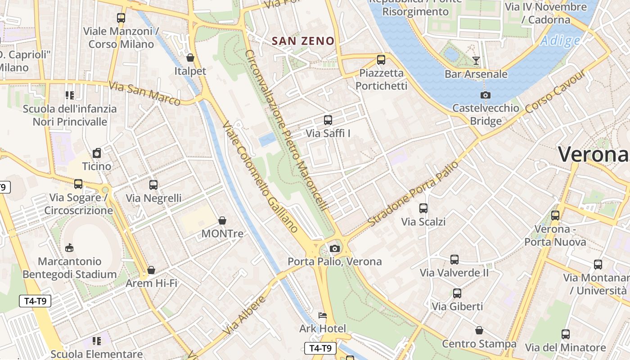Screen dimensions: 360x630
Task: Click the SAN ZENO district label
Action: pos(303,41)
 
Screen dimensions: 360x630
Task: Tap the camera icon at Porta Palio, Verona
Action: pos(334,248)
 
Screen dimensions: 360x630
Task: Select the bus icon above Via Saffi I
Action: pos(328,120)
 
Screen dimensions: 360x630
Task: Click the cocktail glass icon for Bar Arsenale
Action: pos(476,61)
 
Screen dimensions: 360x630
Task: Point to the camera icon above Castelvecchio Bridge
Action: pos(485,95)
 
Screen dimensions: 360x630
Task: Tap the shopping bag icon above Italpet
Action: pos(190,58)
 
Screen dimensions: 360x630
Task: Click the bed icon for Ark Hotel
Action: pos(323,315)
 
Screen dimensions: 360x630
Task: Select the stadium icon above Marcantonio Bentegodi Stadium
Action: pos(69,247)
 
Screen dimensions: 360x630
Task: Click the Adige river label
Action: pos(560,41)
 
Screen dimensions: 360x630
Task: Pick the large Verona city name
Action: pos(593,154)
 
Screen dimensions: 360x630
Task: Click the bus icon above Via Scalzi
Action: pos(423,208)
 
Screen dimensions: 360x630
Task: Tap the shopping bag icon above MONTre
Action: pos(222,220)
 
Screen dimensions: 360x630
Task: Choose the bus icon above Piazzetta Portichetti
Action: pos(381,59)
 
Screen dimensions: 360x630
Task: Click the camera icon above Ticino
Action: pos(96,153)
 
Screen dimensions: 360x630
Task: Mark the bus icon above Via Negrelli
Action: pos(153,184)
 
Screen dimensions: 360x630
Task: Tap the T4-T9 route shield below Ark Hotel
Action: pos(320,348)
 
